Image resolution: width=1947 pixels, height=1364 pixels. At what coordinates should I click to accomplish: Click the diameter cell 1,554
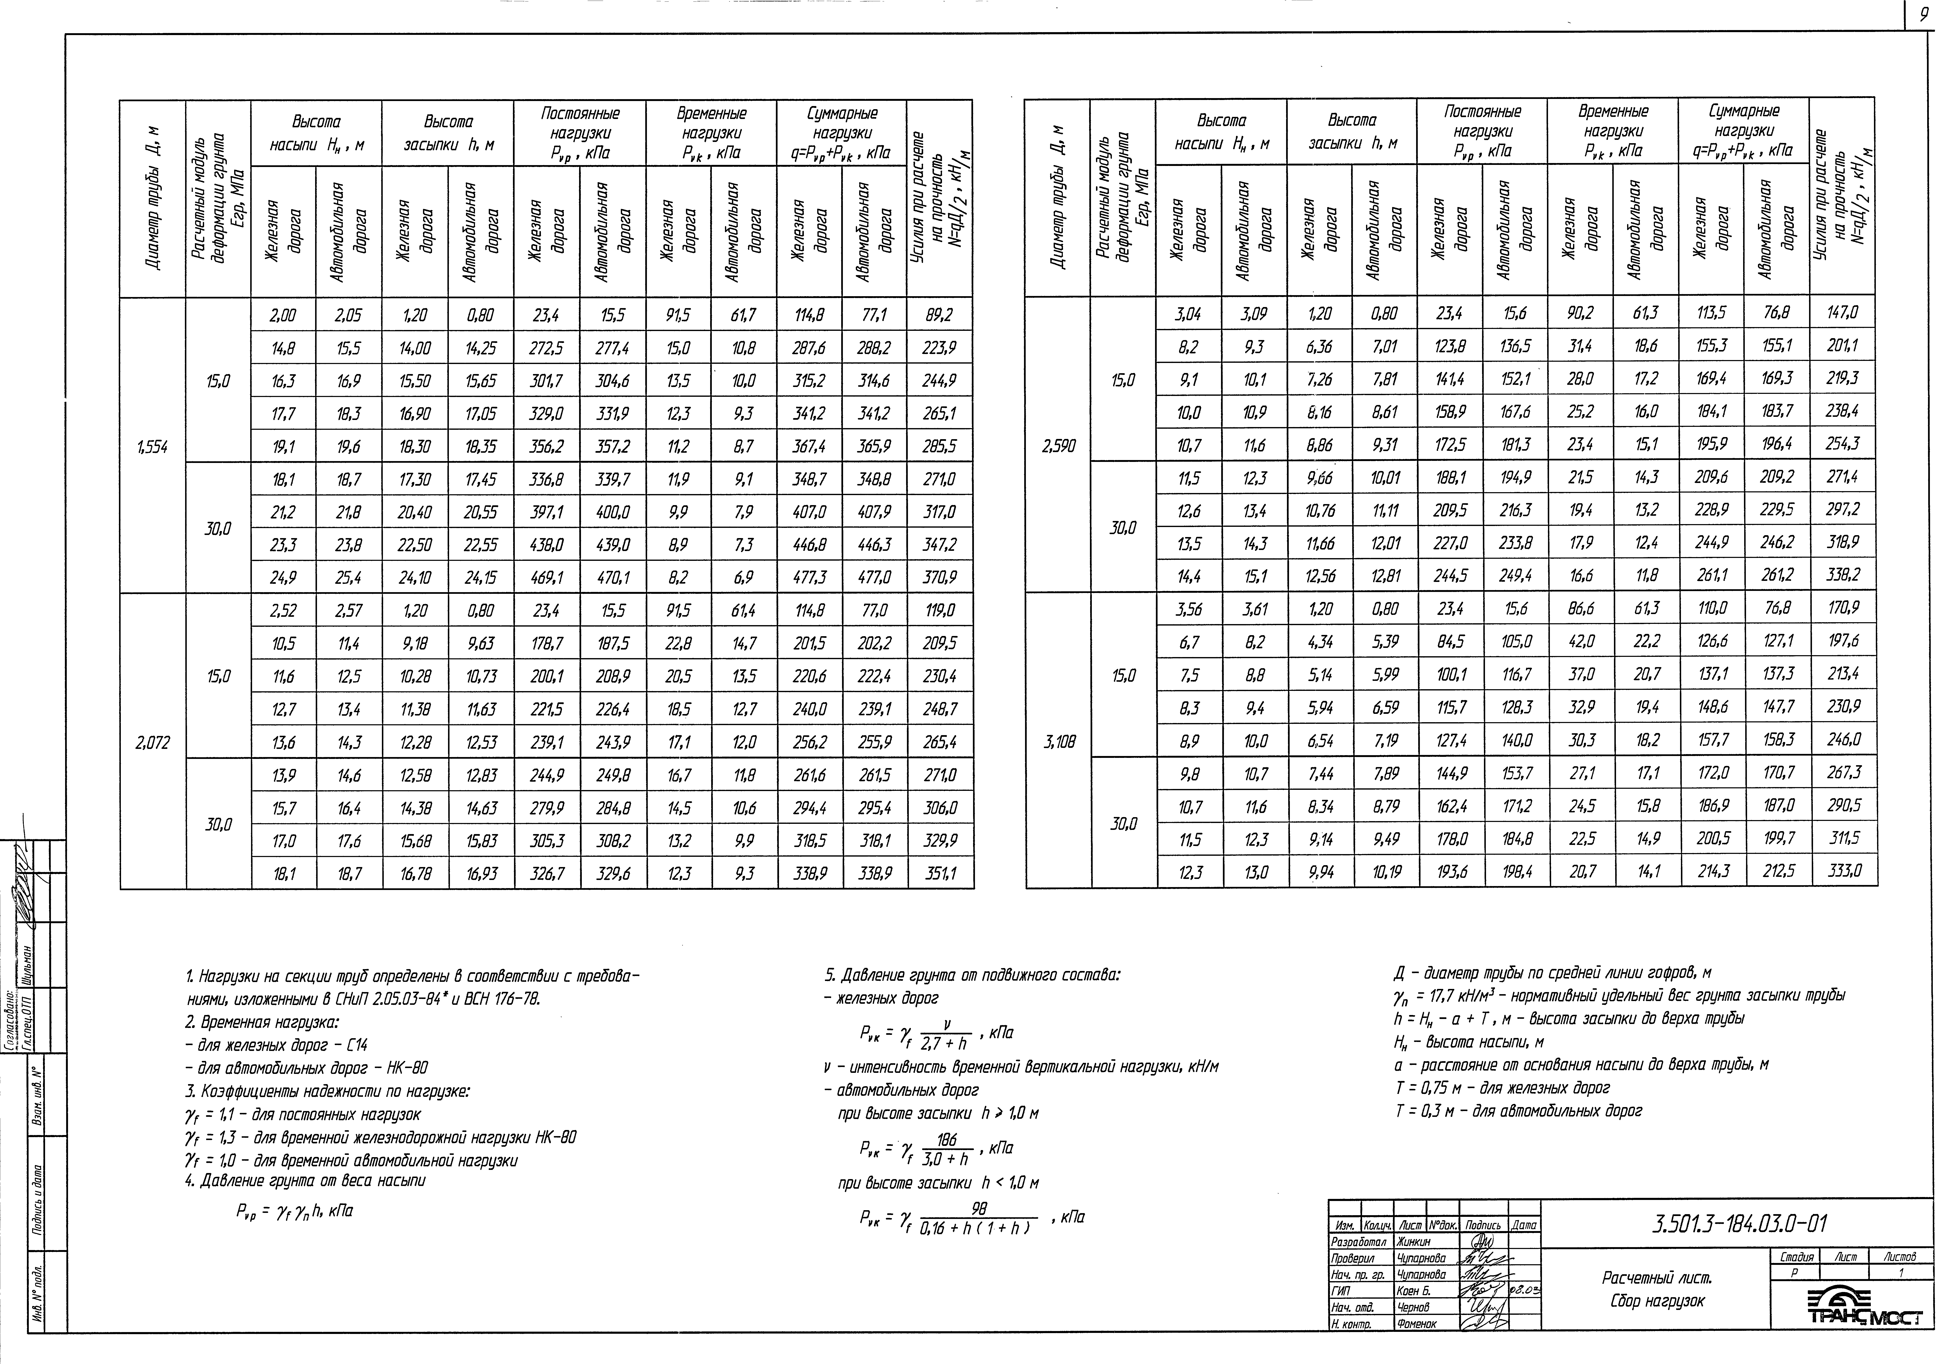[153, 447]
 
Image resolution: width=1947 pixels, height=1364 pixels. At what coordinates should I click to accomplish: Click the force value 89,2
[939, 316]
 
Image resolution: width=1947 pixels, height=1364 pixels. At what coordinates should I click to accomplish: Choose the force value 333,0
[1844, 870]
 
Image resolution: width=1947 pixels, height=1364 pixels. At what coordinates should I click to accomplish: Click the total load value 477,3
[810, 578]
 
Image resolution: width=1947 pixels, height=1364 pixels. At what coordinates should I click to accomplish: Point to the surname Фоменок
[1416, 1323]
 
